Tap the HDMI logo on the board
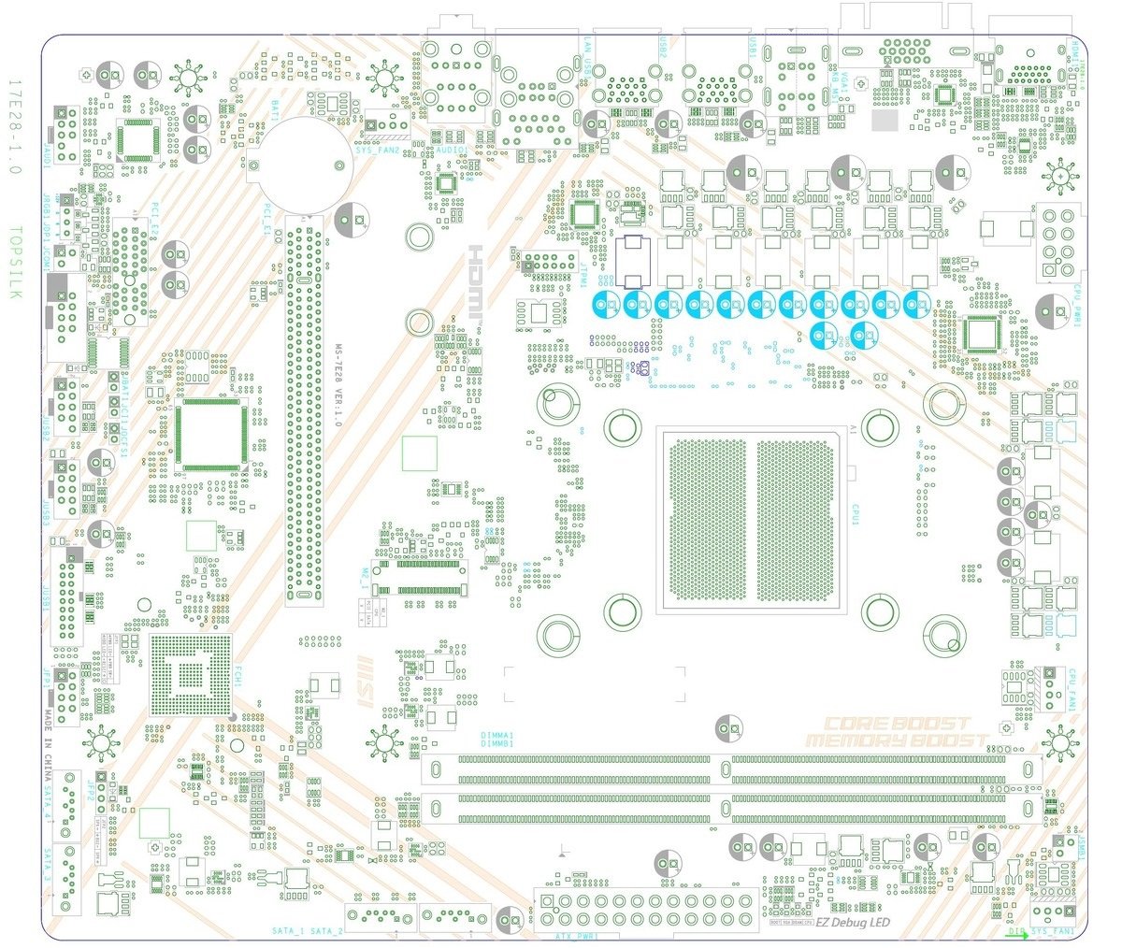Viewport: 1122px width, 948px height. point(476,284)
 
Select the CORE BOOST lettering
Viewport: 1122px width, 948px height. point(897,724)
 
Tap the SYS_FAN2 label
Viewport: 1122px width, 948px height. point(378,150)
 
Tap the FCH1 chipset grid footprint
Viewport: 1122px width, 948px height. point(191,675)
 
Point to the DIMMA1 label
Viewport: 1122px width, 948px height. point(496,736)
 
